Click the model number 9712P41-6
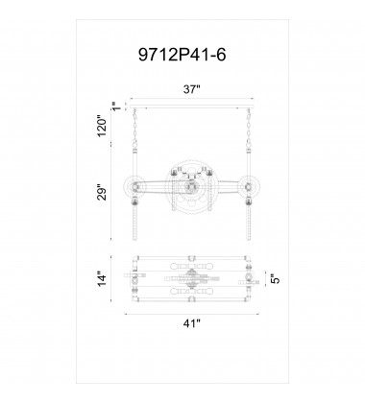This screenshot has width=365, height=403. coord(182,56)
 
